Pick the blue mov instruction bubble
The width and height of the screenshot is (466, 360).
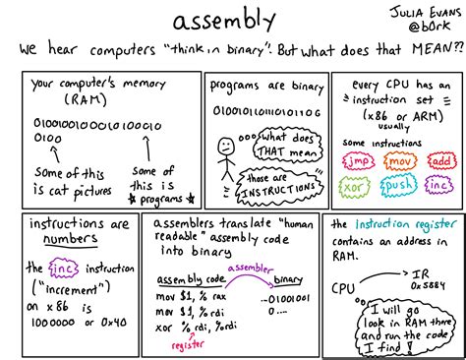pos(399,159)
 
